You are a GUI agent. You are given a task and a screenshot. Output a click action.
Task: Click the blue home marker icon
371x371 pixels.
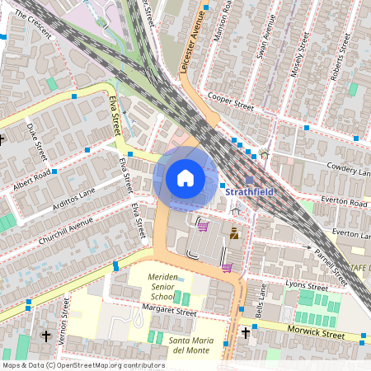tap(185, 177)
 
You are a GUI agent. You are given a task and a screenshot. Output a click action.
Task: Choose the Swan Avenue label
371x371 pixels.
tap(265, 40)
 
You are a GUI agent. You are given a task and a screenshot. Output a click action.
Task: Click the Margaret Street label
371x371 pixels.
tap(170, 312)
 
